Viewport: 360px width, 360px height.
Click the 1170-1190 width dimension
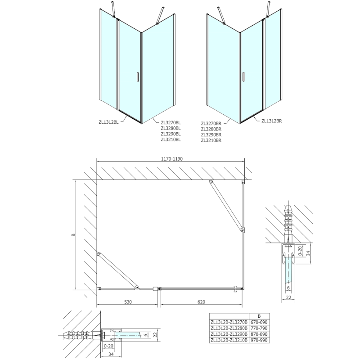[x=171, y=158]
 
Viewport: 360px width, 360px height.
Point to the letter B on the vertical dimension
[x=72, y=234]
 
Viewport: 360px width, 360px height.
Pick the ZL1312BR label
[x=271, y=121]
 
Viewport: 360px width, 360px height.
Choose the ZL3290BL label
[x=171, y=134]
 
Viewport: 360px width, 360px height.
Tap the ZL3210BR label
[x=211, y=140]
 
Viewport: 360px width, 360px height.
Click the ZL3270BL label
[x=171, y=121]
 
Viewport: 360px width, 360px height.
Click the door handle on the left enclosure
[x=138, y=77]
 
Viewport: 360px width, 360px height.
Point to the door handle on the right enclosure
[x=243, y=77]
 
